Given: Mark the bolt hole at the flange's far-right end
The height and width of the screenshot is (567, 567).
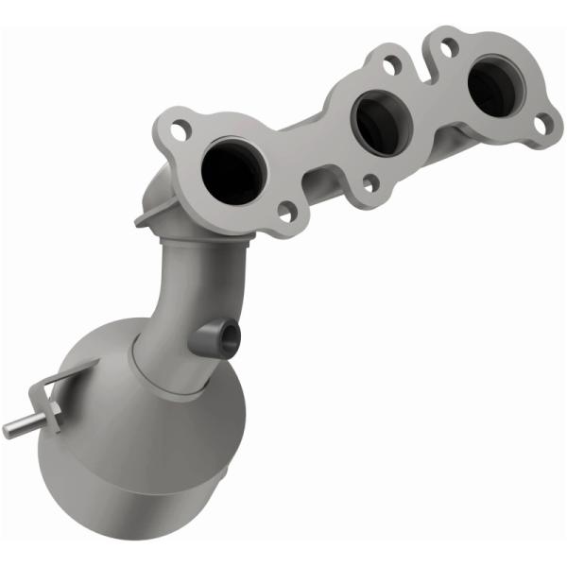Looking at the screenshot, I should click(541, 123).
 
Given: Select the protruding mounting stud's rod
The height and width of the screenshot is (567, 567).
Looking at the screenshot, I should click(19, 428).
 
